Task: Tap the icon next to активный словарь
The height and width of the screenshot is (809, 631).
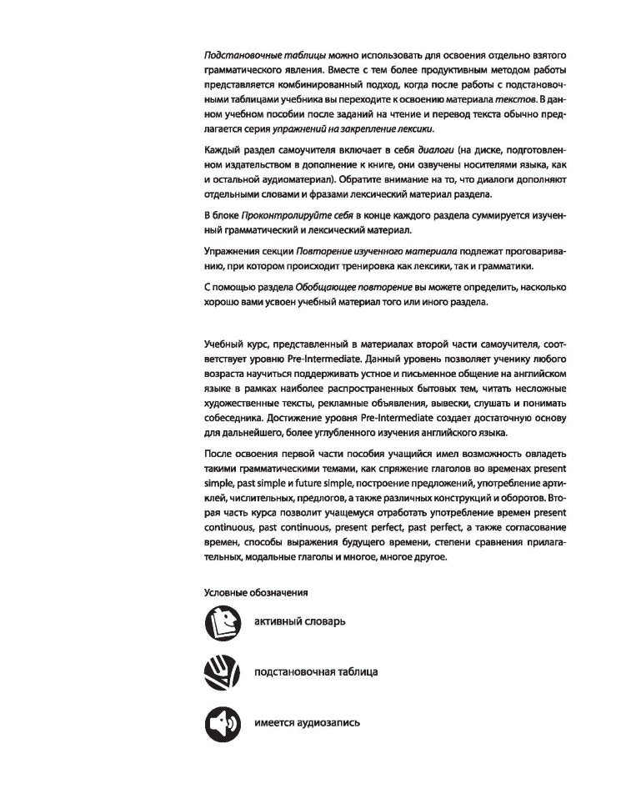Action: click(222, 623)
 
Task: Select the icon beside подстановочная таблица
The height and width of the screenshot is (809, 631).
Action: click(222, 671)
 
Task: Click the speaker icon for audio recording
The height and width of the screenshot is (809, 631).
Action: click(222, 721)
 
